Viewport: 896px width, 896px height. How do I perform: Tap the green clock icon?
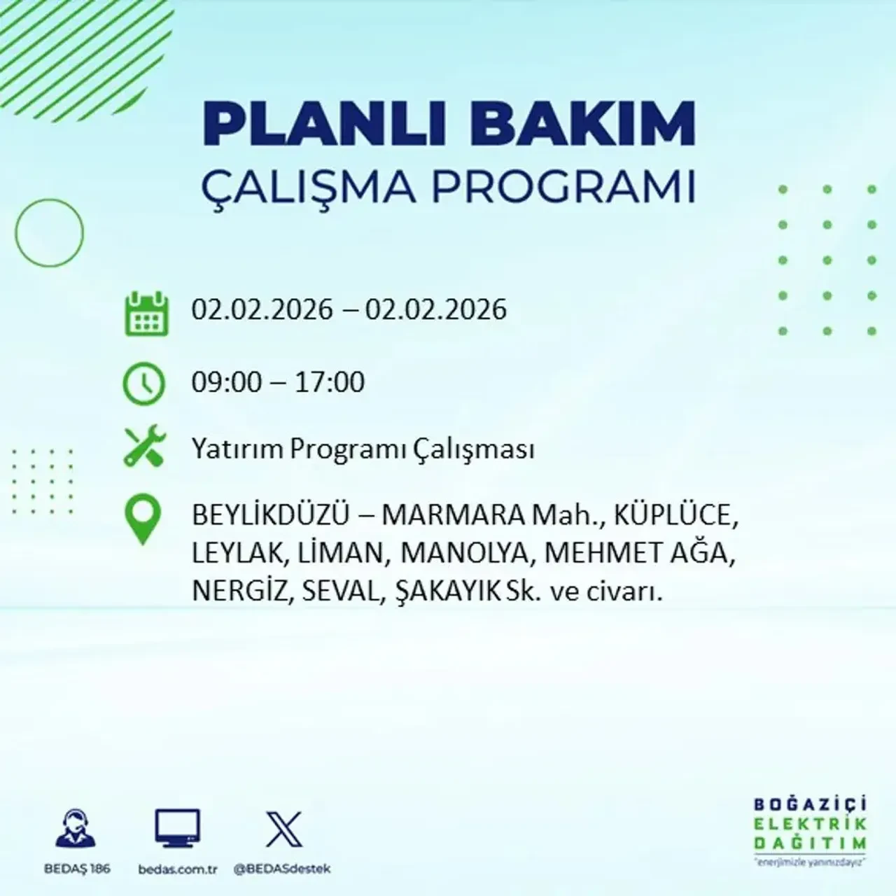pyautogui.click(x=144, y=384)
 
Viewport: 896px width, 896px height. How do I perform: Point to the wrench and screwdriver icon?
pyautogui.click(x=144, y=447)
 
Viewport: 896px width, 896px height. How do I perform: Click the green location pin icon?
pyautogui.click(x=142, y=520)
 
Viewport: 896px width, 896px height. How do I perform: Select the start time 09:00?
pyautogui.click(x=227, y=383)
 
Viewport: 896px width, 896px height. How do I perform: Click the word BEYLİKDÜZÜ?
pyautogui.click(x=270, y=517)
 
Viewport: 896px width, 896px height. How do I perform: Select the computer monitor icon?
pyautogui.click(x=177, y=829)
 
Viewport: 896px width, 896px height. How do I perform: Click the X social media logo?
pyautogui.click(x=284, y=829)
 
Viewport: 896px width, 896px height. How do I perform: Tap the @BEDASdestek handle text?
pyautogui.click(x=281, y=869)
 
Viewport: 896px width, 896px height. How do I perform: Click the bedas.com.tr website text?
pyautogui.click(x=178, y=869)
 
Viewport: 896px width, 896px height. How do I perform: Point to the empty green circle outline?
pyautogui.click(x=49, y=232)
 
